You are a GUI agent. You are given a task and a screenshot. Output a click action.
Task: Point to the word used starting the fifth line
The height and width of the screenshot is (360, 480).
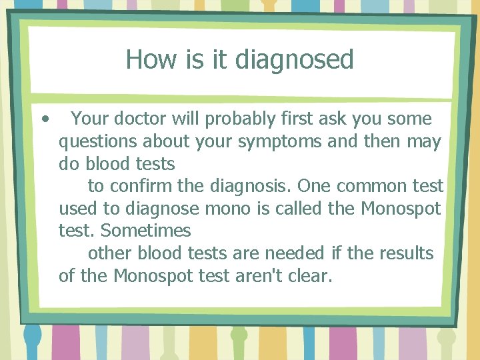tap(78, 209)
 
